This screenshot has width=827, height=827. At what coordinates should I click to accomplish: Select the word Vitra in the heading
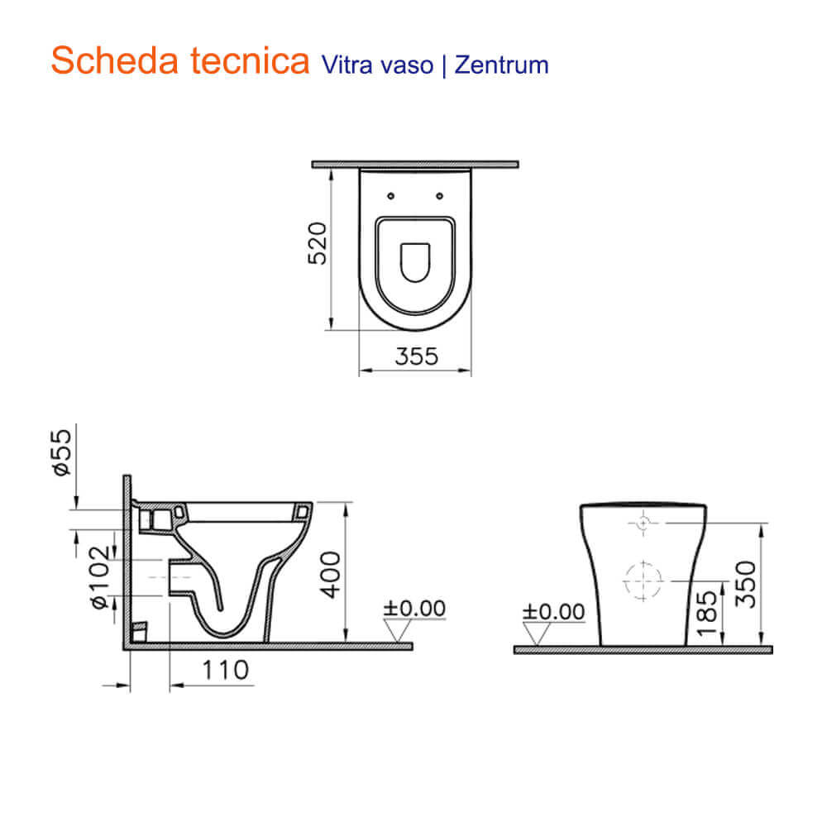(340, 65)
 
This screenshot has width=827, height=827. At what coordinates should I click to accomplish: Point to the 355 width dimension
(415, 356)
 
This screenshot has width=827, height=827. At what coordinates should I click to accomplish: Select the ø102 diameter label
(98, 578)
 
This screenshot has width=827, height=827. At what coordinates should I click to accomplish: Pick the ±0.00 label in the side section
(414, 609)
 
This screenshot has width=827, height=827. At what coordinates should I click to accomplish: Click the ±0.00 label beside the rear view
(553, 612)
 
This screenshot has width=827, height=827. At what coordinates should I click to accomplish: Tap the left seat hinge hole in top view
(390, 196)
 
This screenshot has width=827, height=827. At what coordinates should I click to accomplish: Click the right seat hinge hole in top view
(440, 196)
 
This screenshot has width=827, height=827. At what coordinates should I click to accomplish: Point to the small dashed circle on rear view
(643, 523)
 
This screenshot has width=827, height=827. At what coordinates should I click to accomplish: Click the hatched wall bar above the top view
(414, 164)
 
